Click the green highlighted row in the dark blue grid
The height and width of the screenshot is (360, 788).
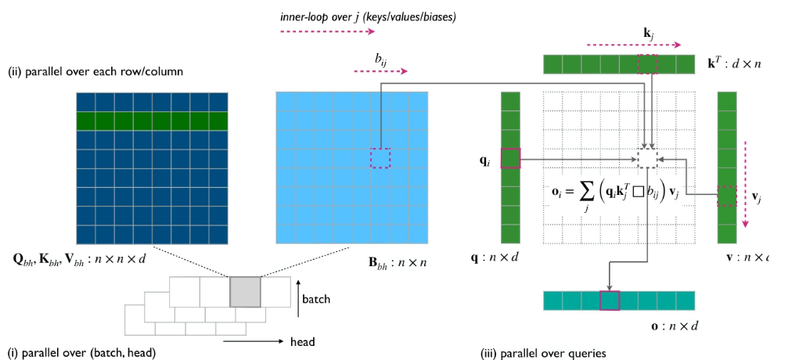[x=152, y=121]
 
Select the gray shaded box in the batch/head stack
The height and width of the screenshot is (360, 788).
[x=245, y=292]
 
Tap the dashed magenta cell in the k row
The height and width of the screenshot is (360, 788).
[x=647, y=64]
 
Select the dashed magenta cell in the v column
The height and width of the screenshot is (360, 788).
[x=726, y=196]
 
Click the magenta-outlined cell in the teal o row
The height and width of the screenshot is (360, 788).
[x=609, y=301]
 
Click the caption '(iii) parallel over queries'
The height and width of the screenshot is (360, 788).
[x=543, y=353]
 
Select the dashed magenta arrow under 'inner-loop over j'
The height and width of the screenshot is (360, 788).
[x=328, y=32]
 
